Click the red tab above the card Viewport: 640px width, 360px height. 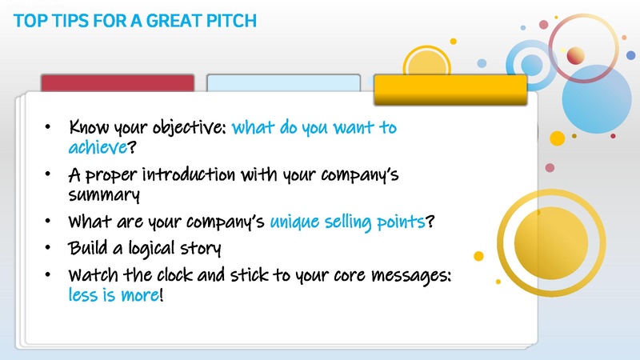[118, 86]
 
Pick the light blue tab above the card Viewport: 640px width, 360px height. [283, 86]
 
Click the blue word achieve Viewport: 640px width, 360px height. [98, 149]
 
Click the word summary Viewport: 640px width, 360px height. [105, 194]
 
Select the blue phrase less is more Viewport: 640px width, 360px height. [113, 295]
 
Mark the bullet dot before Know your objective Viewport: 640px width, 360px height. [50, 128]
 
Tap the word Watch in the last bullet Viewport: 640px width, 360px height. [94, 275]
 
